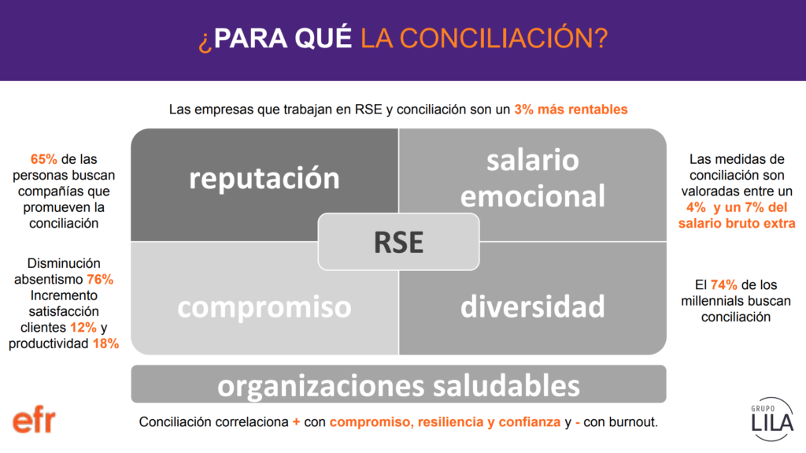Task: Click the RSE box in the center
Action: (398, 241)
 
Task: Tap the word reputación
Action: (264, 179)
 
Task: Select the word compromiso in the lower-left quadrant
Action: (264, 306)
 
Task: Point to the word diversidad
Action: (533, 306)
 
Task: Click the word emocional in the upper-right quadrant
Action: (533, 195)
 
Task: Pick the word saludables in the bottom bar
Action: (506, 385)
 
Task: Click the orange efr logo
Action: (34, 421)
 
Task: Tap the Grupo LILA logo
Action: (772, 419)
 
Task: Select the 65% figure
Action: (44, 159)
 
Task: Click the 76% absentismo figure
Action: (100, 280)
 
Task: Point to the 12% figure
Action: (83, 328)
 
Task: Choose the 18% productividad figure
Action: (106, 343)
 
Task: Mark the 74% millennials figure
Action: (724, 284)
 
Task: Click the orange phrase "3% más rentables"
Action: (571, 110)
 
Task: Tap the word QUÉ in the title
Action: (324, 38)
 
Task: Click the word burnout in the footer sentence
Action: (633, 422)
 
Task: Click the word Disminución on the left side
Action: (64, 264)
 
